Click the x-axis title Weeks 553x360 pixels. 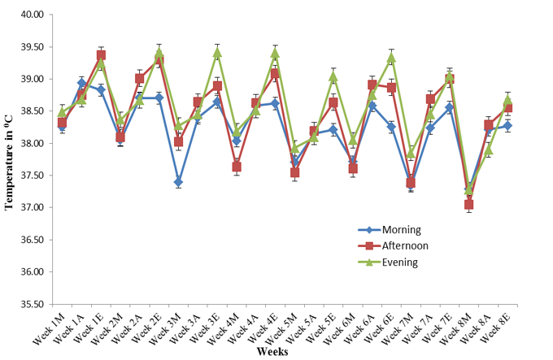point(273,351)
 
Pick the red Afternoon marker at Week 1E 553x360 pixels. point(101,55)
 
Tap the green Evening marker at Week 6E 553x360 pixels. point(391,58)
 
